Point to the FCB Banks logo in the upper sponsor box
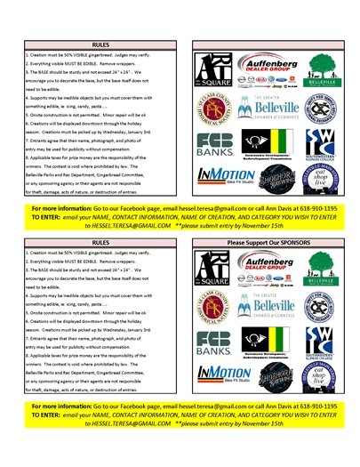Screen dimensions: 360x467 coord(214,145)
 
